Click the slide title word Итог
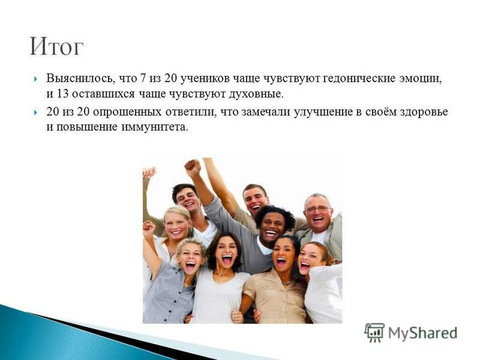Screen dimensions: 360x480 [57, 46]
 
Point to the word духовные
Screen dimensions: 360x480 [258, 95]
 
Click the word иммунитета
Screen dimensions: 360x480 [158, 127]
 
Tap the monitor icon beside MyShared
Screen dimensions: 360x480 [374, 332]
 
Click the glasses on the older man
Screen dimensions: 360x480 [317, 209]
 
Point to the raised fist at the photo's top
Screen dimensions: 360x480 [192, 167]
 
